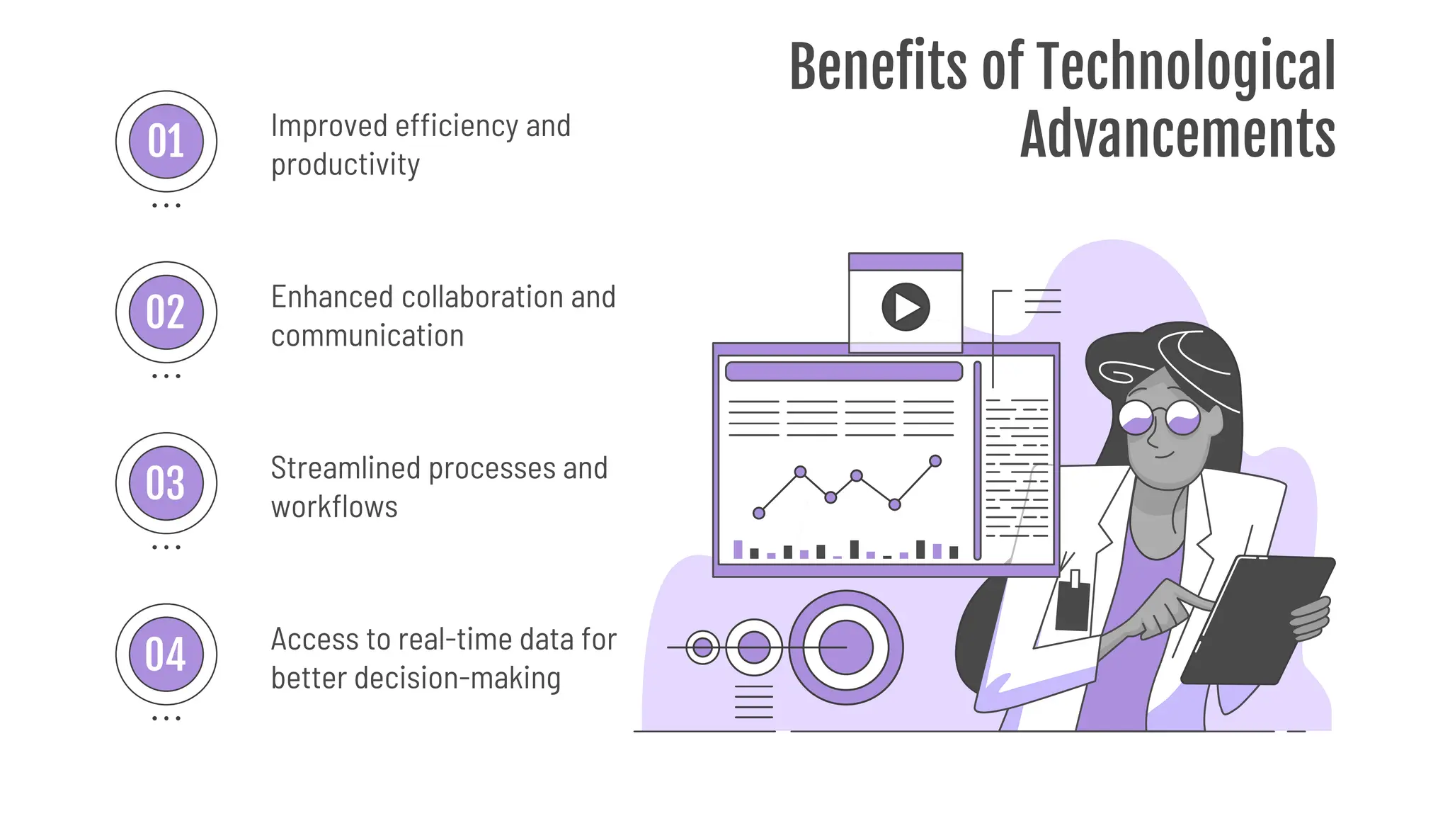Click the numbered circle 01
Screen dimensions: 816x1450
166,141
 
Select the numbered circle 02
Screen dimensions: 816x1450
166,312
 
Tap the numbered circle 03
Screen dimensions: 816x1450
166,483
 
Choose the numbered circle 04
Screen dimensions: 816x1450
166,654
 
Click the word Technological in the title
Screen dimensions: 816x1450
1186,67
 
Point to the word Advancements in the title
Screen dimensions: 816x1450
1177,135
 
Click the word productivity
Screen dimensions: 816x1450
346,165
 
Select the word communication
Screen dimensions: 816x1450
367,336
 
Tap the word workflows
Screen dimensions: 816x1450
334,507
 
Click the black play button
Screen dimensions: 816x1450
906,307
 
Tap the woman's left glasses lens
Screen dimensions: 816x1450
1137,418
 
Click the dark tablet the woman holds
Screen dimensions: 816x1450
1257,620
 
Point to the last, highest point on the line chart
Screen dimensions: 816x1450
935,461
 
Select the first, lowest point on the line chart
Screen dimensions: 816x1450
759,513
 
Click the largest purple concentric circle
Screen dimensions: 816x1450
845,647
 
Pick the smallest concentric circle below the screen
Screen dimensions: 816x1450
703,647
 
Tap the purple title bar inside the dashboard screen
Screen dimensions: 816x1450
844,371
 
